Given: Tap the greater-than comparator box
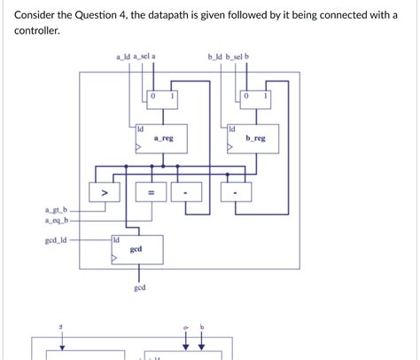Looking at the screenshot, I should [x=104, y=192].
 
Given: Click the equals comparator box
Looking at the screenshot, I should [x=150, y=192].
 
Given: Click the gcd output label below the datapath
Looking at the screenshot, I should [x=140, y=288].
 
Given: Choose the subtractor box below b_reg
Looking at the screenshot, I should [x=235, y=192].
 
